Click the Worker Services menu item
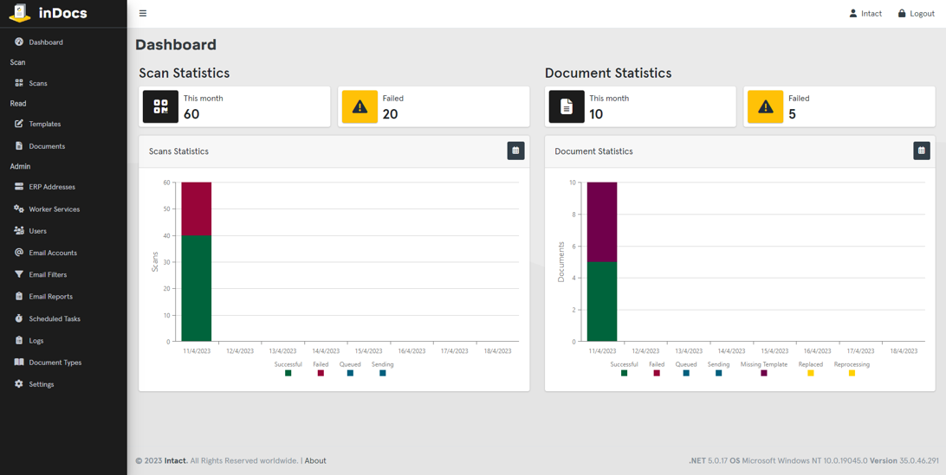pyautogui.click(x=54, y=209)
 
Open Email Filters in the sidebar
pyautogui.click(x=48, y=274)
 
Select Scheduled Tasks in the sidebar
pyautogui.click(x=54, y=318)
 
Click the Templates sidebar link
pyautogui.click(x=44, y=124)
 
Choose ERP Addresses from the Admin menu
pyautogui.click(x=51, y=187)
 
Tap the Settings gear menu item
pyautogui.click(x=41, y=384)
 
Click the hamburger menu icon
pyautogui.click(x=143, y=14)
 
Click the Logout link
pyautogui.click(x=916, y=14)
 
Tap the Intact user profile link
pyautogui.click(x=865, y=14)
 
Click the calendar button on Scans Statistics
pyautogui.click(x=515, y=151)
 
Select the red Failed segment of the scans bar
pyautogui.click(x=197, y=209)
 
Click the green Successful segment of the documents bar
pyautogui.click(x=602, y=301)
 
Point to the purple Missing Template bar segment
pyautogui.click(x=602, y=221)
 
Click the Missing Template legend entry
pyautogui.click(x=764, y=369)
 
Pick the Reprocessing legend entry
pyautogui.click(x=852, y=369)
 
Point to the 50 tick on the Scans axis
pyautogui.click(x=166, y=209)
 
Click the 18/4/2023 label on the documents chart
pyautogui.click(x=904, y=351)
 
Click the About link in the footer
pyautogui.click(x=315, y=461)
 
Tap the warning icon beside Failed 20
pyautogui.click(x=360, y=107)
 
